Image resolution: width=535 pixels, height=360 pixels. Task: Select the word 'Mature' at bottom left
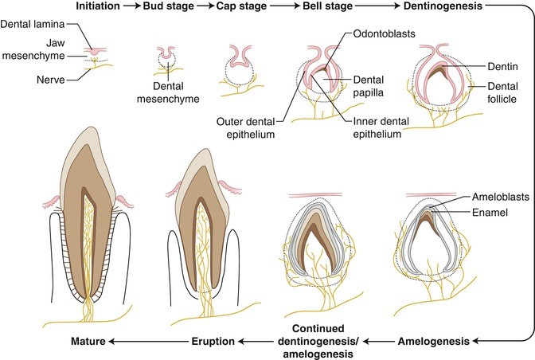[x=86, y=340]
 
